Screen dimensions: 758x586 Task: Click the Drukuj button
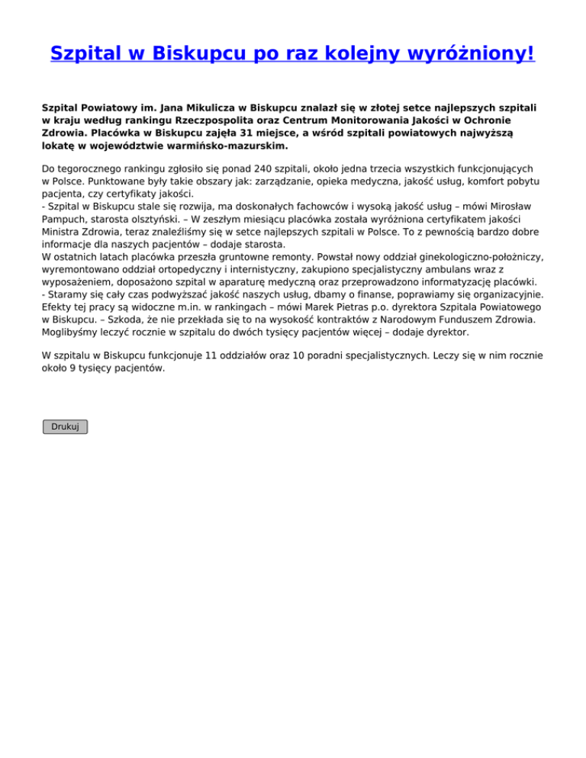pyautogui.click(x=65, y=426)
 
